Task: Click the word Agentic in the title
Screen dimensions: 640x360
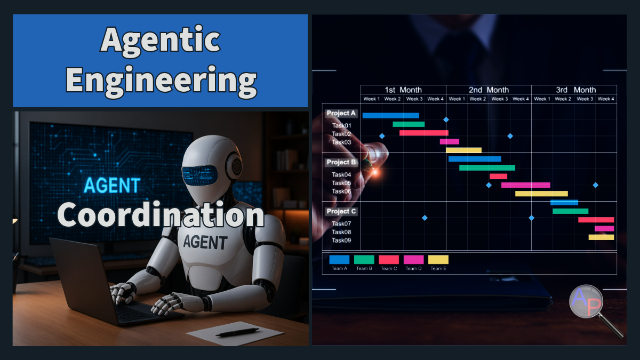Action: (161, 41)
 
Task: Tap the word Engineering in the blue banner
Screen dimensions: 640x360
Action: (162, 81)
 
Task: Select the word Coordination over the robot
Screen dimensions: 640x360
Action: (161, 214)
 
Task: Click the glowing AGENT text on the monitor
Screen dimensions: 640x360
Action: (112, 185)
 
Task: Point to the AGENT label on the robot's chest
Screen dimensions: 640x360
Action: (205, 242)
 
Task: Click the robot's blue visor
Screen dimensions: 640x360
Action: (199, 175)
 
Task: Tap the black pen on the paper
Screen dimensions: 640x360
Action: (237, 332)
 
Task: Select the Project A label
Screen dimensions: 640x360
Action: (341, 113)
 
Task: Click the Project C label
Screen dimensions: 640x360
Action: (341, 211)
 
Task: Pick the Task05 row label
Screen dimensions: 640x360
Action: (341, 183)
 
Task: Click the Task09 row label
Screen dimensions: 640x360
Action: (341, 241)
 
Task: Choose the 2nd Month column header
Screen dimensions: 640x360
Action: (489, 90)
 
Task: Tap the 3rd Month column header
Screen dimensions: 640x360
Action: (575, 90)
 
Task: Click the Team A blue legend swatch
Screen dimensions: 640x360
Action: (339, 259)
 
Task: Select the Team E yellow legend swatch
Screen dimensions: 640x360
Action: (438, 259)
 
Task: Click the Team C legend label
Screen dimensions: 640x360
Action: (389, 269)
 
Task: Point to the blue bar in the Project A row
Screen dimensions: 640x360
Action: (390, 115)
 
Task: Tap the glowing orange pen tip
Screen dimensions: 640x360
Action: (375, 172)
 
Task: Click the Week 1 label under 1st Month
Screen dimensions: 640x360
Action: (371, 99)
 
